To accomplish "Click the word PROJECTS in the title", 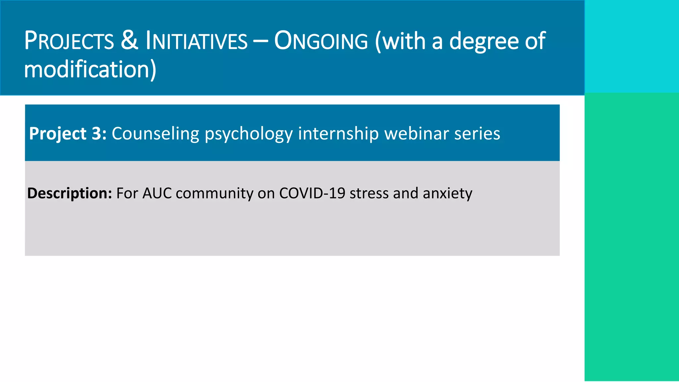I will pos(69,41).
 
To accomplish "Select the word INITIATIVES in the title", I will pos(196,41).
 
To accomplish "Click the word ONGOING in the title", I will pos(321,41).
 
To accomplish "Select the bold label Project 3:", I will pos(68,134).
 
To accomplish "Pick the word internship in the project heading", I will pos(338,134).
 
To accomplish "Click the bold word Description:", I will pos(70,193).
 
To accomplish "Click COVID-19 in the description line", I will pos(312,193).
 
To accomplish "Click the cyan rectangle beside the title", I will pos(632,46).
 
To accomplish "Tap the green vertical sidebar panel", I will pos(632,237).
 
